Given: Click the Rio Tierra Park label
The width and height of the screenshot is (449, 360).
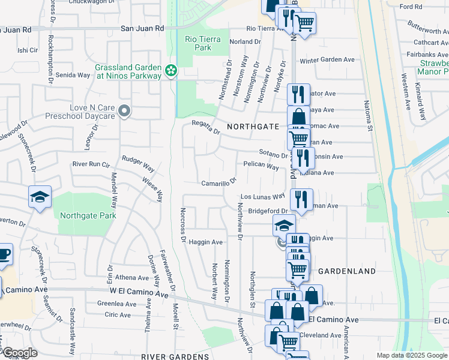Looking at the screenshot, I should point(202,43).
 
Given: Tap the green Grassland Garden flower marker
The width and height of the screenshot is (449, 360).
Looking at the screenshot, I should point(171,71).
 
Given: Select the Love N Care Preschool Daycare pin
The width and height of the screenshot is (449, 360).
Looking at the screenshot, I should point(124,110).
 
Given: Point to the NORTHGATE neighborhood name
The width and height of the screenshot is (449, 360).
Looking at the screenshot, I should point(253,127).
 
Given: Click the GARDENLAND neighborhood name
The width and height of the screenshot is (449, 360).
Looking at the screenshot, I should point(346,271).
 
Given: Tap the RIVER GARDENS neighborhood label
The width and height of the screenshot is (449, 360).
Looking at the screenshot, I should point(175,356).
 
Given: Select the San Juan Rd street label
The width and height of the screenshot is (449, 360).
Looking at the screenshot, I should point(142,28).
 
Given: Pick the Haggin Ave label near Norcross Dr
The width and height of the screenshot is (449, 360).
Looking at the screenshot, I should point(206,242).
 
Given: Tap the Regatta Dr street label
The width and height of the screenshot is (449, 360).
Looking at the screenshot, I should point(206,125).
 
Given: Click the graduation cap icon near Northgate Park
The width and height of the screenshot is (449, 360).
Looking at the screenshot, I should point(40,197).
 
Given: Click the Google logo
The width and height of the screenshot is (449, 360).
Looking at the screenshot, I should point(20,353).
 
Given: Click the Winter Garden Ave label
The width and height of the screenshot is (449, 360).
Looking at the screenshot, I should point(328,60).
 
